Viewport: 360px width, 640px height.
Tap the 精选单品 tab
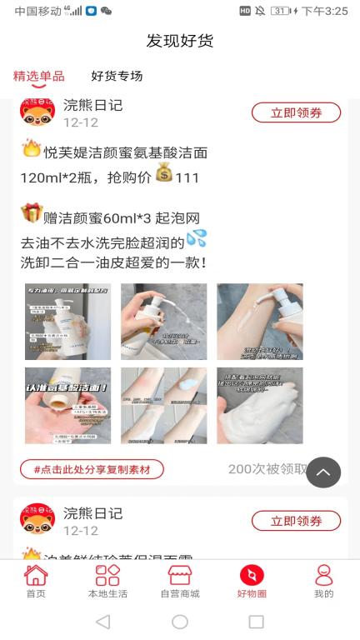pos(38,77)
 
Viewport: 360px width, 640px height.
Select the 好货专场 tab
pos(117,77)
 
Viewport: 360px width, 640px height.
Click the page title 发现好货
pos(180,41)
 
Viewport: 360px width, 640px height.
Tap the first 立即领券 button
pos(296,113)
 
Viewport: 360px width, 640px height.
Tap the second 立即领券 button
pos(296,521)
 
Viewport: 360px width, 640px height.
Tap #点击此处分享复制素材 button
pos(92,470)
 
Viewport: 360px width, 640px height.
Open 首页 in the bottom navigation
pos(36,582)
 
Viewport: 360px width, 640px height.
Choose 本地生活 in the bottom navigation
pos(107,582)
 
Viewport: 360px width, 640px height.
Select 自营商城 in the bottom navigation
pos(180,582)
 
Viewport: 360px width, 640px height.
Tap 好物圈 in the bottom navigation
pos(252,582)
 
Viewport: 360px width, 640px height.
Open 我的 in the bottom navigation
pos(323,582)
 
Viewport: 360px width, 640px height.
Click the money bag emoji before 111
pos(163,175)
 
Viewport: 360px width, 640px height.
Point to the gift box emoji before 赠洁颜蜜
pos(32,214)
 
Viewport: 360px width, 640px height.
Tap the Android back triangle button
pos(102,622)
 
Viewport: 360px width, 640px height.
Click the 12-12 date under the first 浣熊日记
pos(81,122)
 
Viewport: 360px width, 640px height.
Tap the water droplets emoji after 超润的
pos(197,238)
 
